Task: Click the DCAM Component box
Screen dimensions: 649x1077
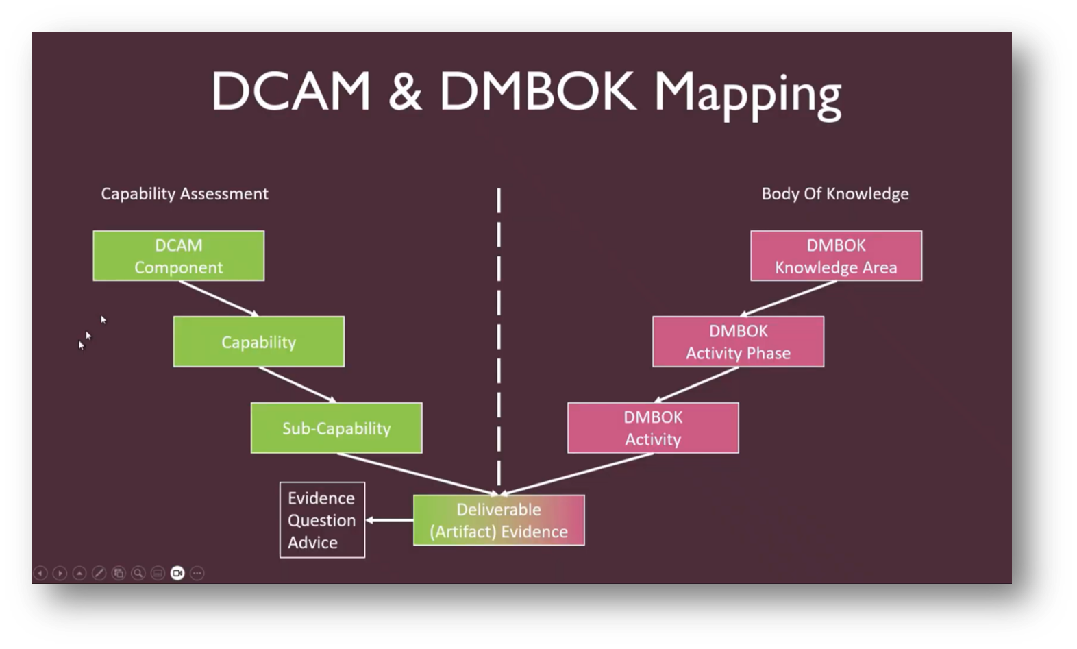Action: (x=178, y=256)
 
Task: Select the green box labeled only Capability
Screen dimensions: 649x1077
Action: (x=258, y=341)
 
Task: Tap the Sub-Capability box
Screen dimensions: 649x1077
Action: (x=336, y=428)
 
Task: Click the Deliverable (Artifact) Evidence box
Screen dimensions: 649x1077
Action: (x=498, y=520)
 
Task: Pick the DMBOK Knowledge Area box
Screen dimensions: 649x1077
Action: (x=836, y=256)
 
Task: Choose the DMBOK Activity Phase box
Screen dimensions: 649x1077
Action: (x=738, y=341)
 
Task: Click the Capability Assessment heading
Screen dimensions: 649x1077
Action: (x=184, y=194)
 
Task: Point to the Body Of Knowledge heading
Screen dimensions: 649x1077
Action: (x=834, y=194)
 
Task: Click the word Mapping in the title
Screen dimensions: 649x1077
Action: (x=747, y=93)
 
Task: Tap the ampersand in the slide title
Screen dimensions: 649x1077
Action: (x=405, y=92)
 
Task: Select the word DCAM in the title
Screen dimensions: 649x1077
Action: (x=290, y=92)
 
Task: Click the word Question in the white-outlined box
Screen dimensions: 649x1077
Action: (x=321, y=520)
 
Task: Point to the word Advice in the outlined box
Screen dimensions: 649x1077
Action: (x=312, y=542)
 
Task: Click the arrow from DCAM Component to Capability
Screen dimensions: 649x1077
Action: (x=219, y=298)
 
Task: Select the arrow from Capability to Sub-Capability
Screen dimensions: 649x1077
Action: (x=297, y=384)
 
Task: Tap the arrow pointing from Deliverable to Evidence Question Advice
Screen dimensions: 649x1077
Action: (x=388, y=520)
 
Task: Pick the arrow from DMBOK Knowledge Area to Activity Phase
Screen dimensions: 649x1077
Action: (x=788, y=298)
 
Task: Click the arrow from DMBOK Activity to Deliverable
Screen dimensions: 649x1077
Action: (x=577, y=474)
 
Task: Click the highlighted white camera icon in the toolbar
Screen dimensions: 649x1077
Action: (x=177, y=573)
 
